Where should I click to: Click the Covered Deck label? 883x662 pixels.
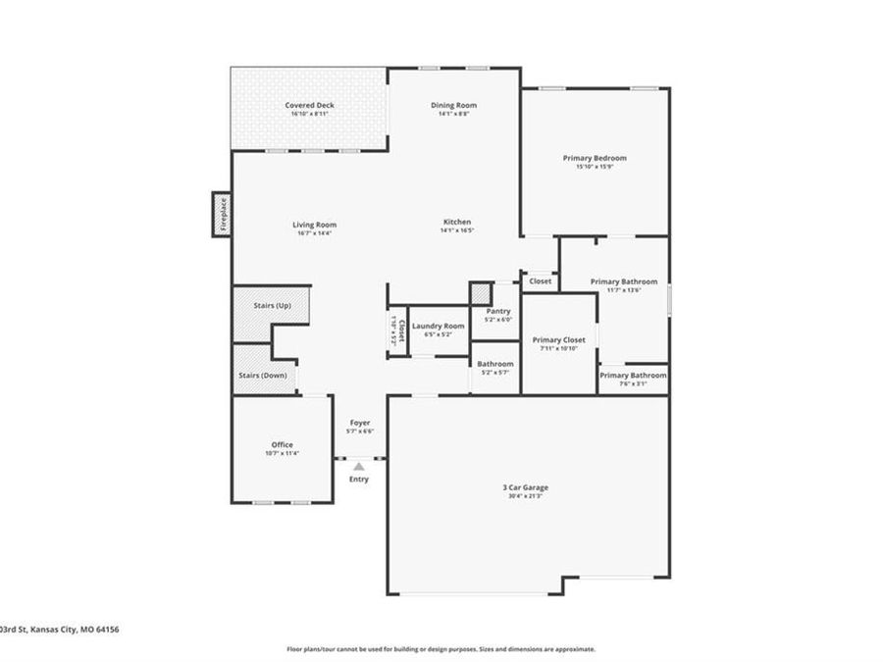pos(309,105)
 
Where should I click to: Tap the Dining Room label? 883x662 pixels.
pos(453,105)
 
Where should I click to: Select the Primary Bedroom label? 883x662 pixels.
pos(595,158)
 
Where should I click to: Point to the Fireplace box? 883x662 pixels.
pos(222,214)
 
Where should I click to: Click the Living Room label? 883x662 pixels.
pos(314,225)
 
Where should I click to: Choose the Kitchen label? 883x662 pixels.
pos(456,223)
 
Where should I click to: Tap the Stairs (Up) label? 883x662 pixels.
pos(272,306)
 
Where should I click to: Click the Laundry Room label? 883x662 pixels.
pos(438,326)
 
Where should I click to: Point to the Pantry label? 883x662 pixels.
pos(498,311)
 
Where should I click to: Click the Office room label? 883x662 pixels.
pos(282,444)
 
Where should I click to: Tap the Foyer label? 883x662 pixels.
pos(360,423)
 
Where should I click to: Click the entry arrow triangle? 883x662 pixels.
pos(359,467)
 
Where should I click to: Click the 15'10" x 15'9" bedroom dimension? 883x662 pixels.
pos(595,167)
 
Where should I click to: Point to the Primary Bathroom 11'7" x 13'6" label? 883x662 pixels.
pos(624,281)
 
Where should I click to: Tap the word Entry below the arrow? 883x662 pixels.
pos(359,479)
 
